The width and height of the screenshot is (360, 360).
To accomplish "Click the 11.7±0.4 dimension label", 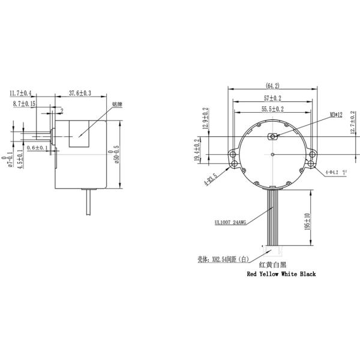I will (x=21, y=94).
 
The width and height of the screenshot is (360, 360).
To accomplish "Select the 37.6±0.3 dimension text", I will (x=80, y=94).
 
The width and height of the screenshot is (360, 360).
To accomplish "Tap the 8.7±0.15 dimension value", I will (x=25, y=104).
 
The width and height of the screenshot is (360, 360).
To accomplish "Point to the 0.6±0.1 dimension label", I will (x=38, y=147).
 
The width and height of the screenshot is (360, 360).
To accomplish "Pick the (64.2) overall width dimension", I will (x=272, y=85).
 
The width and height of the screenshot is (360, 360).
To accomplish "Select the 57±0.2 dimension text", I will (x=272, y=98).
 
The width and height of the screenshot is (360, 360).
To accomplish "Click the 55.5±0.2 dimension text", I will (x=272, y=110).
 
